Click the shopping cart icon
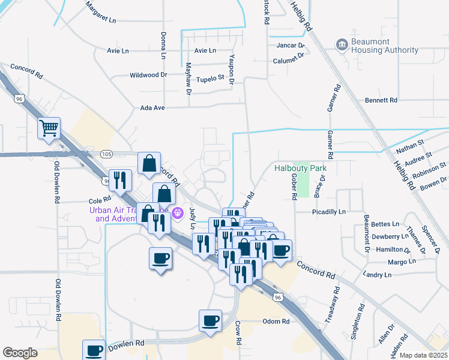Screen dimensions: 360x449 (x=49, y=127)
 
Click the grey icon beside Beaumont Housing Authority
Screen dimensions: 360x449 (x=342, y=44)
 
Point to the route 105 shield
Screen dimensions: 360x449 (x=106, y=154)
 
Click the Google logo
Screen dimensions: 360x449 (x=20, y=353)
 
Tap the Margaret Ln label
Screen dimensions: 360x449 (x=100, y=13)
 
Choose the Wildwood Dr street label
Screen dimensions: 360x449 (x=148, y=76)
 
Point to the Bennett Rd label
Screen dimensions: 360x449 (x=381, y=100)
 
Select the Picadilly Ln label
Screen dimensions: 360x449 (x=329, y=212)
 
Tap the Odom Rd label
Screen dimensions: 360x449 (x=276, y=322)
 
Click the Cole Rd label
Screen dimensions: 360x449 (x=100, y=200)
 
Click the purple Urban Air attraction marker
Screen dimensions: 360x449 (x=178, y=212)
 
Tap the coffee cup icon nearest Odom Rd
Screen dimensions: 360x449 (x=210, y=320)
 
